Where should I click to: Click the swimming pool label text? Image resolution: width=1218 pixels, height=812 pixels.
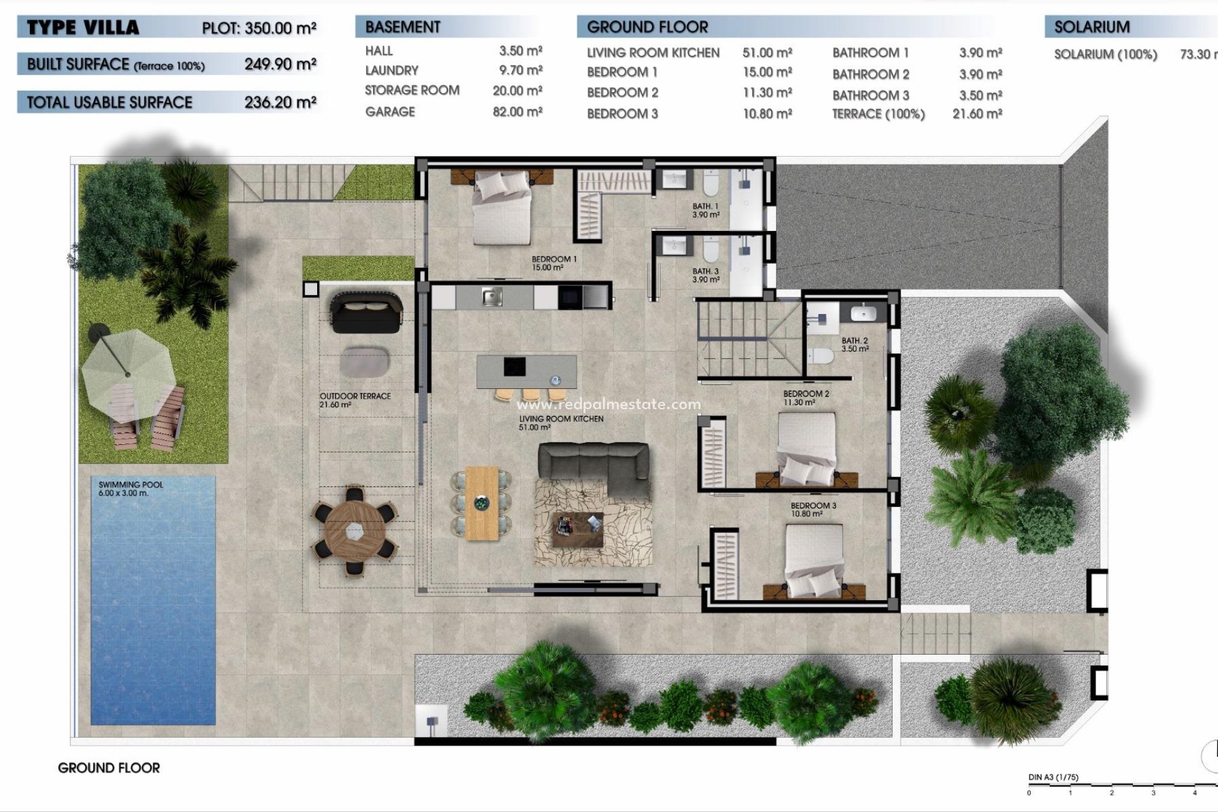point(131,488)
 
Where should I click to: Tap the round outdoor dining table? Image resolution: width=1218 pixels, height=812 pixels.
point(354,530)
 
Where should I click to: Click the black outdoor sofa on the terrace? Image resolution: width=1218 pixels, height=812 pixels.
point(367,311)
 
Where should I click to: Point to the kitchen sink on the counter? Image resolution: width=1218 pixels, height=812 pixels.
point(492,296)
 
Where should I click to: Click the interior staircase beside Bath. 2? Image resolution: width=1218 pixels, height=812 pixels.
point(749,339)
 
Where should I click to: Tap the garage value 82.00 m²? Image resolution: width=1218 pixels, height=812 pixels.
point(517,112)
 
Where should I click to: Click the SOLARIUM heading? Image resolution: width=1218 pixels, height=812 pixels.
point(1092,27)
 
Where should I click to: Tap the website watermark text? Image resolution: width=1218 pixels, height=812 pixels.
point(608,404)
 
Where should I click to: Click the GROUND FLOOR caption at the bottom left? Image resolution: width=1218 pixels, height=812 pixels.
point(108,768)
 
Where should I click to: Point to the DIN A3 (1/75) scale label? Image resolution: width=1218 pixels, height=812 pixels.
point(1053,777)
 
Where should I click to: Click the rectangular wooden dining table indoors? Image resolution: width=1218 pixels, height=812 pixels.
point(482,504)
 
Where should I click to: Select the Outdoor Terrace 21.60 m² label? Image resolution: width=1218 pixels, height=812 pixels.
point(355,400)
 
